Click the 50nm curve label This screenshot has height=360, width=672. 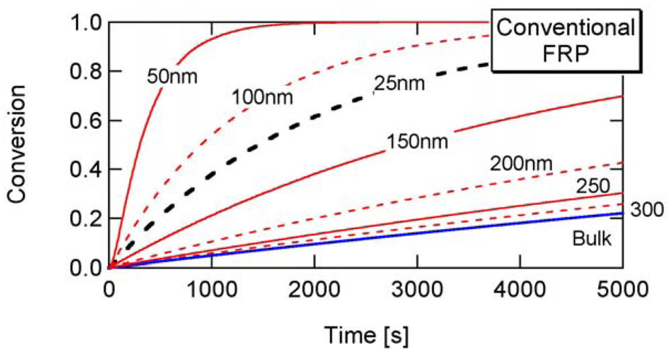click(172, 77)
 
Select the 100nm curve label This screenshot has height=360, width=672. click(263, 97)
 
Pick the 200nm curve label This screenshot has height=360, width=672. click(521, 163)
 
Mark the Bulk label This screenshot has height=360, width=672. click(592, 238)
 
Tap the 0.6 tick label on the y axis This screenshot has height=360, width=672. click(85, 121)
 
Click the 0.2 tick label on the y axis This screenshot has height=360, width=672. click(85, 219)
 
